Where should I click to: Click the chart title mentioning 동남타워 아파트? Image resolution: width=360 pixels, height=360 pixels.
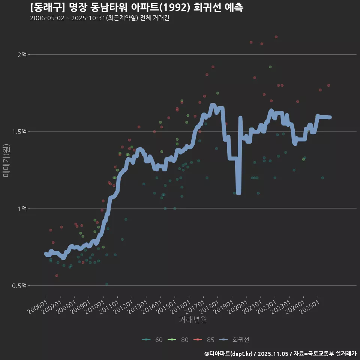pos(137,7)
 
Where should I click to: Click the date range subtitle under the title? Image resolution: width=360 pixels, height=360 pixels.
pos(99,18)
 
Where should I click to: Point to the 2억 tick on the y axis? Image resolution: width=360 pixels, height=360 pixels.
pos(22,55)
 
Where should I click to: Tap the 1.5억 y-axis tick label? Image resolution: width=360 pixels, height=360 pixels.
pos(20,132)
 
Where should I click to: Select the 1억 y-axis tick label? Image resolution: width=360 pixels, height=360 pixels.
pos(22,208)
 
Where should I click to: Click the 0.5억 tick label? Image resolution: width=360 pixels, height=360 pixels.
pos(20,286)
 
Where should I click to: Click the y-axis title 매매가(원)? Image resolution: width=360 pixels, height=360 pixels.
pos(6,160)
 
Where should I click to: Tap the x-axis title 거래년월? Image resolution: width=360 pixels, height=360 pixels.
pos(193,319)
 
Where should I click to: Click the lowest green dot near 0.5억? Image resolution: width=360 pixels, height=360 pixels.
pos(107,284)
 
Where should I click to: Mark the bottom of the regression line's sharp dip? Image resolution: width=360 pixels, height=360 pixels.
pos(238,192)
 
